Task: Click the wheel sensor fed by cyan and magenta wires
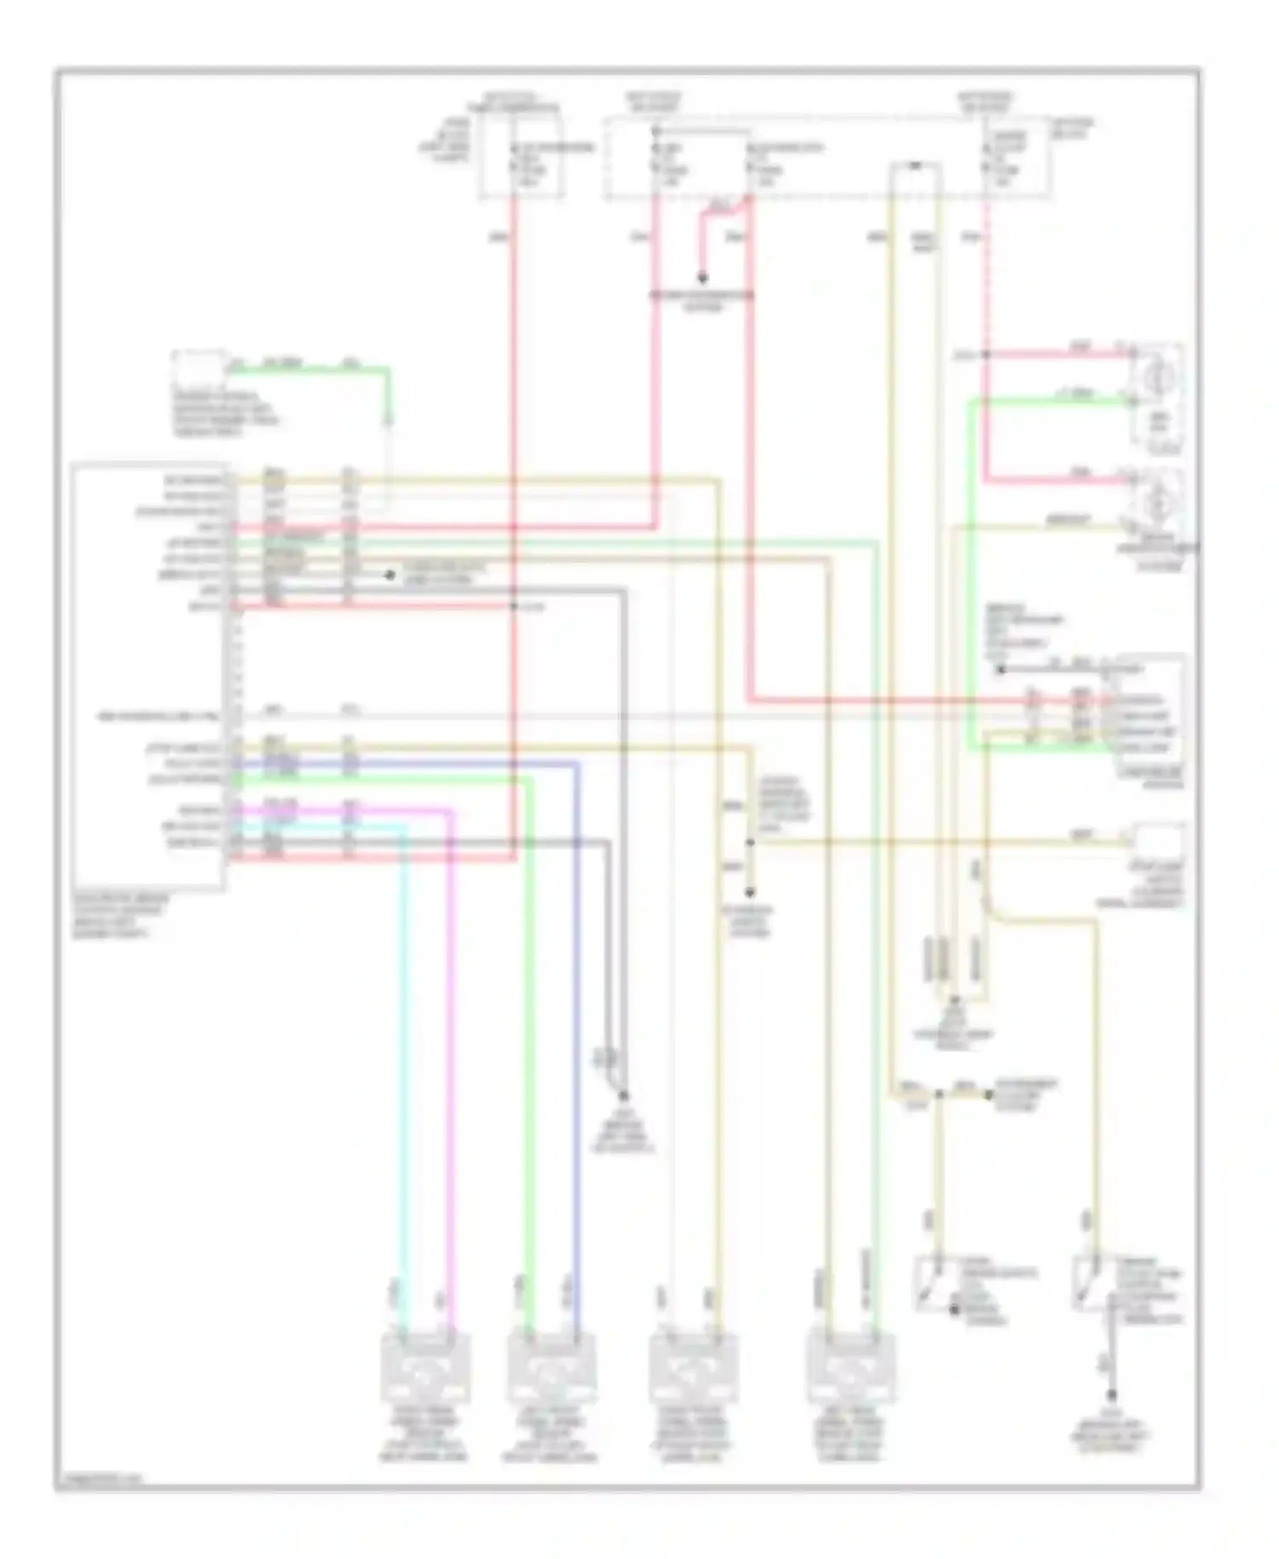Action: coord(424,1370)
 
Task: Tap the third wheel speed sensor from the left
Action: coord(693,1370)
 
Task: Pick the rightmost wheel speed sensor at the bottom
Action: coord(851,1370)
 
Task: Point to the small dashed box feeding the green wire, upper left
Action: coord(200,374)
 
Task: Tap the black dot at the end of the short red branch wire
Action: coord(703,278)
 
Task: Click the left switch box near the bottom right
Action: coord(936,1284)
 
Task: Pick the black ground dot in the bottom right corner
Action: coord(1112,1396)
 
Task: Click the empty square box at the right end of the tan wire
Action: coord(1157,841)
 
